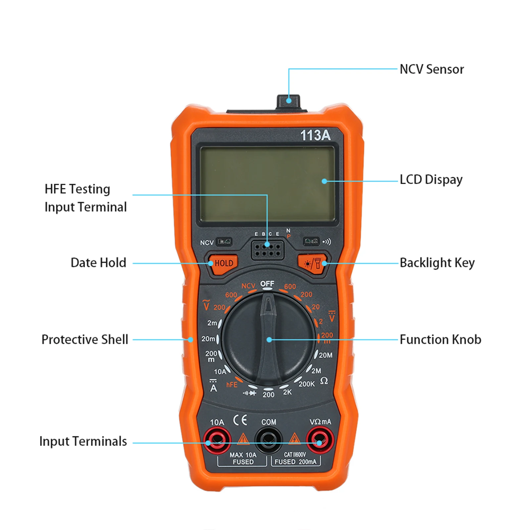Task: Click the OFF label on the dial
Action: pos(267,284)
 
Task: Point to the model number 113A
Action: pos(315,135)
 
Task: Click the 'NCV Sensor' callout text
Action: pos(432,70)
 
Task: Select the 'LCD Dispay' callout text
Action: pos(431,180)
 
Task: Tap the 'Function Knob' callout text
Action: pos(440,340)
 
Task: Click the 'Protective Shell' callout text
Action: pos(85,340)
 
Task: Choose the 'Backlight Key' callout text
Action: pos(437,263)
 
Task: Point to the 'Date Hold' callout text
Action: pos(98,263)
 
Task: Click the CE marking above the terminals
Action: pos(240,420)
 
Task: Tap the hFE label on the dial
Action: pos(232,385)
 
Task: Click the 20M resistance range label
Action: pos(326,355)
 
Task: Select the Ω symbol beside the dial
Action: pos(324,381)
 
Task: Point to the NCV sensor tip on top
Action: pos(288,101)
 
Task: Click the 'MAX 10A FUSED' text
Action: pos(243,458)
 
